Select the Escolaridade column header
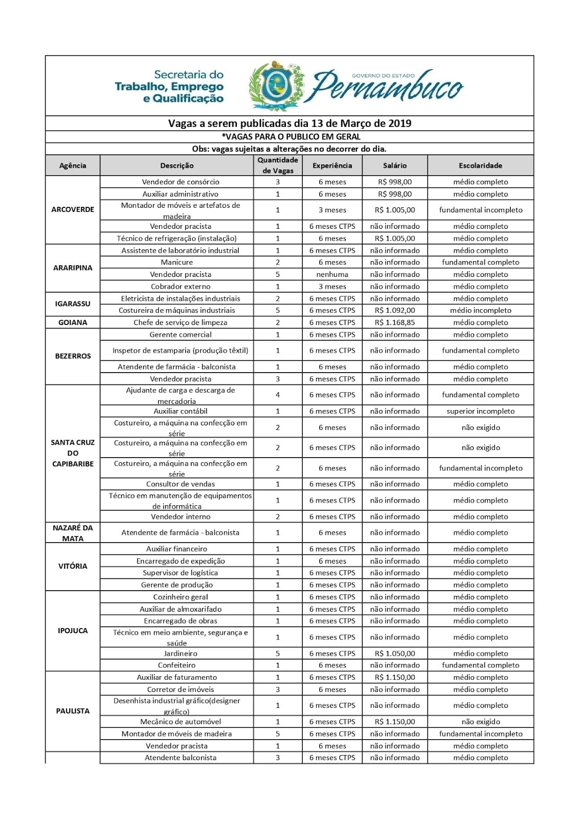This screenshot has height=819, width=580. tap(480, 165)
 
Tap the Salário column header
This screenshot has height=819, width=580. tap(395, 165)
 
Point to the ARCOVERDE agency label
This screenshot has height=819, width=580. tap(73, 209)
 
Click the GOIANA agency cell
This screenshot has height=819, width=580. tap(73, 322)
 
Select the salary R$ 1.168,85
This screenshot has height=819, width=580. tap(395, 322)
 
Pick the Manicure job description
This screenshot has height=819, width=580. tap(180, 262)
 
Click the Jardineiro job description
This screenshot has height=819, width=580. tap(180, 653)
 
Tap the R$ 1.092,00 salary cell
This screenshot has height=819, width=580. tap(395, 310)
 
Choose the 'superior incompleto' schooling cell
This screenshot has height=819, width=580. tap(480, 411)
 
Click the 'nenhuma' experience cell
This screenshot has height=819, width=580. tap(332, 274)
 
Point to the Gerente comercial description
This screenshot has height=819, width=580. tap(180, 334)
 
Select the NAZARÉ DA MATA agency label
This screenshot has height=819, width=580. tap(73, 533)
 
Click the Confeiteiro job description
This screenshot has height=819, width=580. tap(180, 665)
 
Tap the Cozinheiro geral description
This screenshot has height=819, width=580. tap(180, 597)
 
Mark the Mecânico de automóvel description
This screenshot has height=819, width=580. tap(180, 722)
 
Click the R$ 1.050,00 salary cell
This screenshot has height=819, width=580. tap(395, 653)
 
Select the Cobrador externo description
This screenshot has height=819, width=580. tap(180, 287)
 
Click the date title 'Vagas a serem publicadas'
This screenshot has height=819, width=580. tap(289, 123)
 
